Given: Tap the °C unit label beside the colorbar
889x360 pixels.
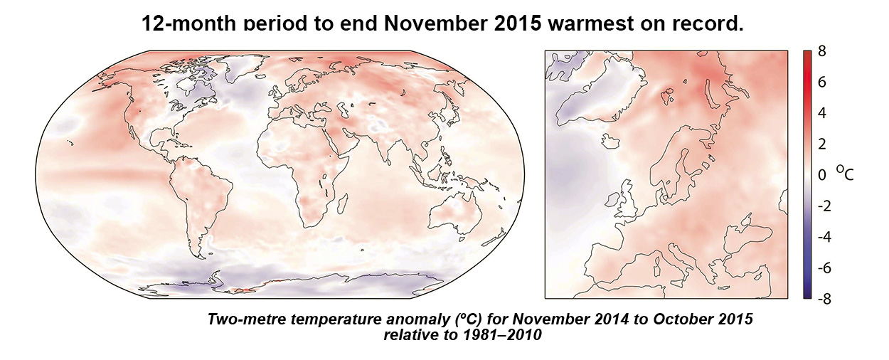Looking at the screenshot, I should click(844, 173).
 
